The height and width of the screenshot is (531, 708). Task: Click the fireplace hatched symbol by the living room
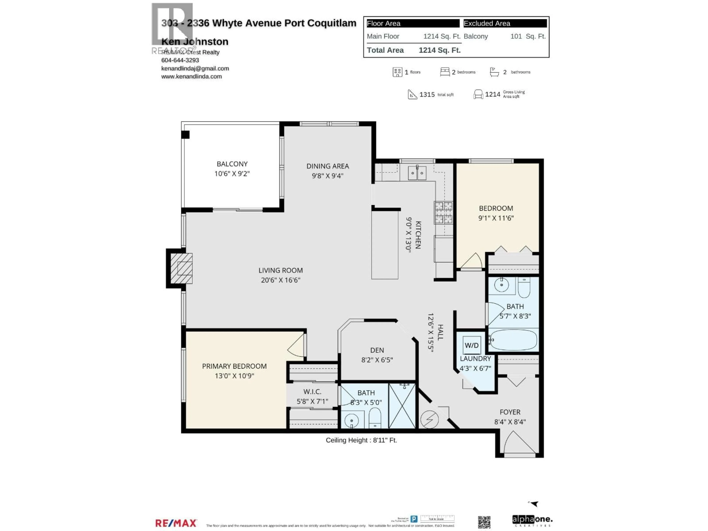181,268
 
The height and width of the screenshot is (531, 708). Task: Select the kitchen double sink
417,173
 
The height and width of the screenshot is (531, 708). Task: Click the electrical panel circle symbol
429,419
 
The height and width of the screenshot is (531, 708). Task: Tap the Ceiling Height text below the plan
361,440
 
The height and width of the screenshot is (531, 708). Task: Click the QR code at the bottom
484,522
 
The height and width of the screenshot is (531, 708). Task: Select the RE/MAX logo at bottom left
176,523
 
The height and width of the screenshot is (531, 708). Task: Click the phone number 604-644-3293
180,60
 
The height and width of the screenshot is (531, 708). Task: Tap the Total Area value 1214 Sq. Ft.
440,50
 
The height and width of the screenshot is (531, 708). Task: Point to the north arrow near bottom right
534,504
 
